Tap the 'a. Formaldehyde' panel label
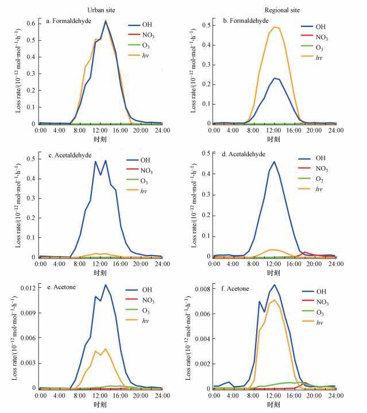coord(67,22)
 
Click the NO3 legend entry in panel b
coord(322,37)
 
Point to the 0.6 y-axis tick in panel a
coord(29,24)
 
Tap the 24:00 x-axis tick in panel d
coord(335,264)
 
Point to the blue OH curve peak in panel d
coord(274,162)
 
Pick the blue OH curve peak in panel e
coord(106,284)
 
